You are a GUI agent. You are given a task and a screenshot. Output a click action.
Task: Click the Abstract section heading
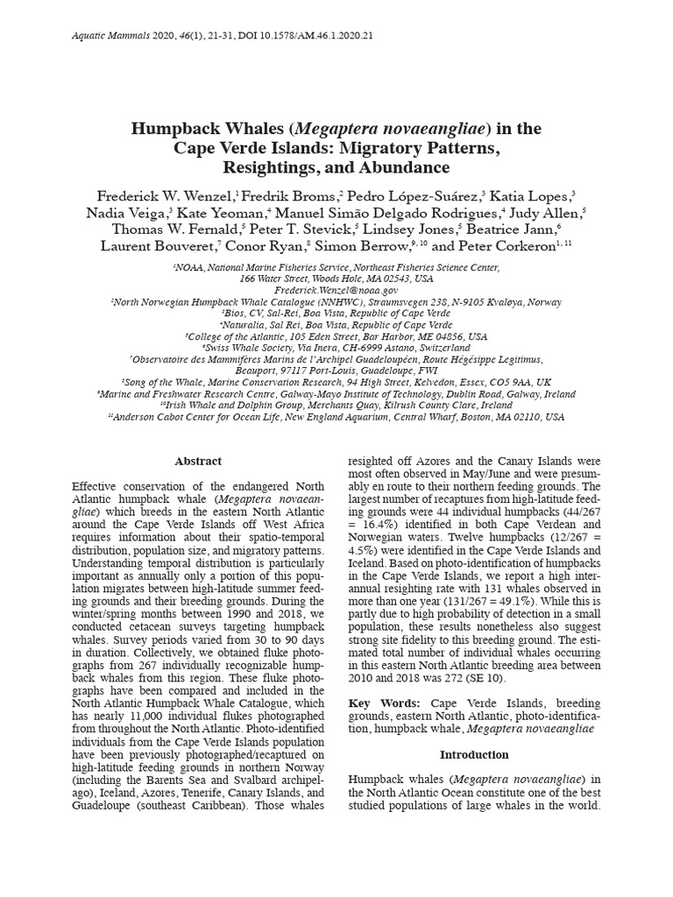point(198,461)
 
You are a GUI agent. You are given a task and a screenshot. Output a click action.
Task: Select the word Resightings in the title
point(274,167)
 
